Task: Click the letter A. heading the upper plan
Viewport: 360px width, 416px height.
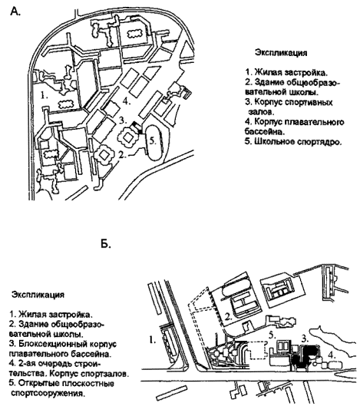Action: coord(15,12)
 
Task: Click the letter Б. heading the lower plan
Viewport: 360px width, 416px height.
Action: coord(106,244)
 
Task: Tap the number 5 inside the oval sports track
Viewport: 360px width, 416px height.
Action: coord(153,141)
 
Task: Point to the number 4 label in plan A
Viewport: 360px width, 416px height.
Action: coord(127,101)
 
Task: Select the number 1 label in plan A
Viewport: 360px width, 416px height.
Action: coord(45,95)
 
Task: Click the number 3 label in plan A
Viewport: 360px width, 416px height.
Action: coord(122,121)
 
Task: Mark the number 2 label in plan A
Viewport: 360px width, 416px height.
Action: coord(122,155)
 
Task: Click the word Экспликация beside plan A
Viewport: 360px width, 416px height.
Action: coord(281,53)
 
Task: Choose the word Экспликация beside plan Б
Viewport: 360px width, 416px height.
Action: coord(38,295)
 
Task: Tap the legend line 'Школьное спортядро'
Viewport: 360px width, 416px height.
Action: coord(297,142)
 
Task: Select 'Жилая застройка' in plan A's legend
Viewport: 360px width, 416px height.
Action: coord(291,72)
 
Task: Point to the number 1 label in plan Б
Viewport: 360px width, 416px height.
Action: coord(152,339)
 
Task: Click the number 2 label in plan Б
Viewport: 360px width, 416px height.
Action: coord(229,317)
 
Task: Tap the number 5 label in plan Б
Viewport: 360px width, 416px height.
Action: coord(272,335)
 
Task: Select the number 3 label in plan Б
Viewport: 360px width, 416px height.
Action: coord(306,338)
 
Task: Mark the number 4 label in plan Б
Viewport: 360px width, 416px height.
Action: coord(331,354)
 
